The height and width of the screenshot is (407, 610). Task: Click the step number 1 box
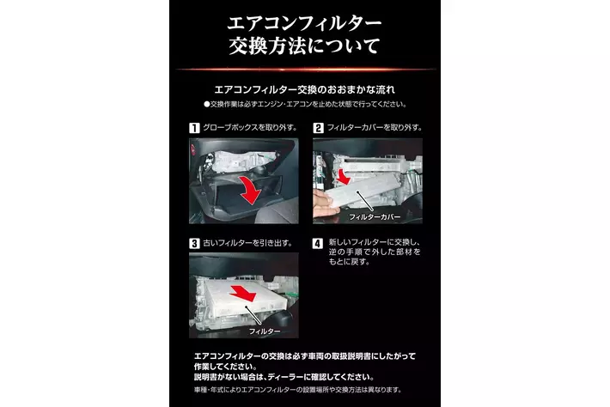point(194,128)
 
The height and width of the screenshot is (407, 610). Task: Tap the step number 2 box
point(318,128)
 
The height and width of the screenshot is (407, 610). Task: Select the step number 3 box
point(194,243)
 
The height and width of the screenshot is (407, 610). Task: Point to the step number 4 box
point(318,243)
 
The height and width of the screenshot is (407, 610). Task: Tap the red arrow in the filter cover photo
point(343,177)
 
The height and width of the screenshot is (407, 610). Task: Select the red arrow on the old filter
point(242,292)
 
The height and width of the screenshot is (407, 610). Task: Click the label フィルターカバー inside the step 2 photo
point(375,217)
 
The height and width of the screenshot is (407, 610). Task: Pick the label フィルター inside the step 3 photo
point(265,331)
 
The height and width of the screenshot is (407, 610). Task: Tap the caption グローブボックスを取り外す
point(250,127)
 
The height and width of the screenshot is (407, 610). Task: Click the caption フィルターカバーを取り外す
point(375,127)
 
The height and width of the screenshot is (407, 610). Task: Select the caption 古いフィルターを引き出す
point(248,243)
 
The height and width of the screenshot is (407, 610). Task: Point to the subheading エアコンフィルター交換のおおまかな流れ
point(305,90)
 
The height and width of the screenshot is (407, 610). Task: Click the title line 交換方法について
point(305,46)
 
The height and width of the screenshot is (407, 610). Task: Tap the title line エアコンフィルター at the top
point(305,23)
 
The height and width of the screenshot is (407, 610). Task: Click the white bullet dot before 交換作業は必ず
point(206,104)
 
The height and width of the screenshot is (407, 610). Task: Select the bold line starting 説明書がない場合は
point(284,377)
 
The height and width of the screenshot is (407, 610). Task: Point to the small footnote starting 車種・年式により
point(297,390)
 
